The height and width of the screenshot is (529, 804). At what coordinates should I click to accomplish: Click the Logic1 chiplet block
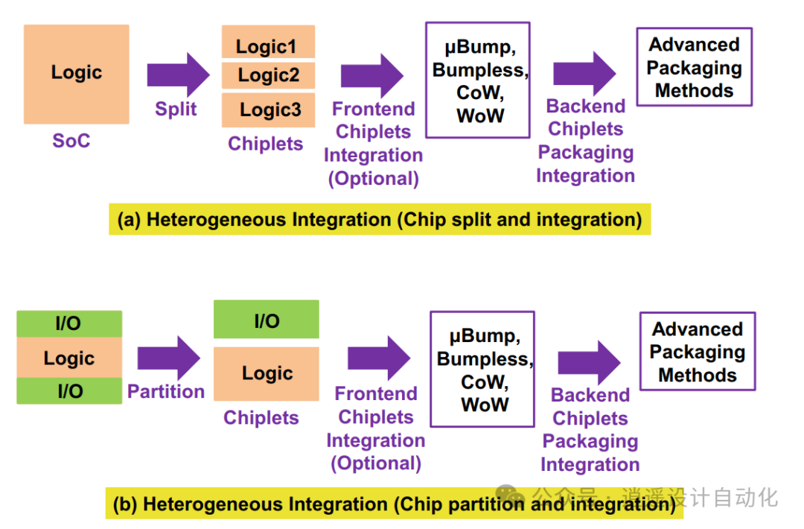(268, 42)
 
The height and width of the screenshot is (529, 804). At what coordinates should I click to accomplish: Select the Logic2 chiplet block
(268, 75)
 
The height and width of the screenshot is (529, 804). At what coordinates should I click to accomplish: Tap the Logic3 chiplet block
(268, 110)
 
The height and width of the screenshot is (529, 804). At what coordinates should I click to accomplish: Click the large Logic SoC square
(77, 75)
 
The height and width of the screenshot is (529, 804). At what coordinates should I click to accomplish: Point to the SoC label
(71, 141)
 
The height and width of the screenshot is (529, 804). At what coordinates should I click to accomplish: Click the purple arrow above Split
(179, 75)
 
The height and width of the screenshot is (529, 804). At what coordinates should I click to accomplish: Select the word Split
(176, 109)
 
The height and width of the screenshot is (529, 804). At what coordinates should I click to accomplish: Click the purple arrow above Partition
(169, 358)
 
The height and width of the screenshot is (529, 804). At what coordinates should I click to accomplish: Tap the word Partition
(166, 391)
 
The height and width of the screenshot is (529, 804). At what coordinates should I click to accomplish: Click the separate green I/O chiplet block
(266, 319)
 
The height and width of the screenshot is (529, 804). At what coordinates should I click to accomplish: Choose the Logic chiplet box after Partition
(266, 374)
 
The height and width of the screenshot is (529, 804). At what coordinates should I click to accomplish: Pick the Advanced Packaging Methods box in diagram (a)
(695, 67)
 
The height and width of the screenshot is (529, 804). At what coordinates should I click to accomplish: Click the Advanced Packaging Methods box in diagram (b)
(698, 352)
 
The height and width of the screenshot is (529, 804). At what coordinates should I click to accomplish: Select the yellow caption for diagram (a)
(380, 220)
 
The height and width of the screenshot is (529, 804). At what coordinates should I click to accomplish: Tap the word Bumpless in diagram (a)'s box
(480, 70)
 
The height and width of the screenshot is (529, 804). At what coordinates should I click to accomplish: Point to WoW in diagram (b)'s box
(485, 405)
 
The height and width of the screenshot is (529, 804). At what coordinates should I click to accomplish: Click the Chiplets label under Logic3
(266, 144)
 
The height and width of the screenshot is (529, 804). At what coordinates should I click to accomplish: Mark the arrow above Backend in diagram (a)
(585, 73)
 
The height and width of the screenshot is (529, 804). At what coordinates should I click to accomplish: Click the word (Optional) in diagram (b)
(376, 463)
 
